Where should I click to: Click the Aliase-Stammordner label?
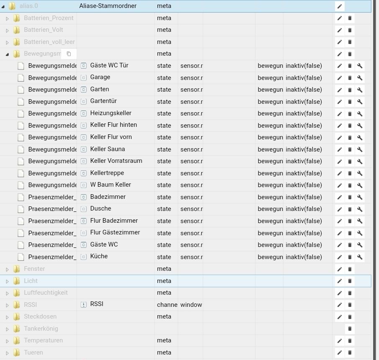(x=108, y=6)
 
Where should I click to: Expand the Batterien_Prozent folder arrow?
(x=7, y=18)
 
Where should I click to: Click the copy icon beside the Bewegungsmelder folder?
(x=69, y=54)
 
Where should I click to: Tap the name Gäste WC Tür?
(x=109, y=65)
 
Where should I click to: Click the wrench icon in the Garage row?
(x=360, y=78)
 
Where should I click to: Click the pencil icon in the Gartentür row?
(x=340, y=102)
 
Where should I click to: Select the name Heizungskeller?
(x=111, y=113)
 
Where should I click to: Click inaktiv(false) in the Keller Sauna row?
(x=304, y=149)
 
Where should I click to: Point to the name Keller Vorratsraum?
(x=116, y=161)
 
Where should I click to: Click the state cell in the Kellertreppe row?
(x=164, y=173)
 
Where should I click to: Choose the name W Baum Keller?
(x=111, y=185)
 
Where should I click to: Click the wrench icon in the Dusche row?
(x=360, y=209)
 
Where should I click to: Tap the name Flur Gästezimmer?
(x=115, y=232)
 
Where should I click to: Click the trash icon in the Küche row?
(x=350, y=257)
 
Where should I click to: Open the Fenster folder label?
(x=34, y=269)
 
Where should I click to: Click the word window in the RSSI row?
(x=191, y=305)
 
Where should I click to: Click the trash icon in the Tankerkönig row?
(x=350, y=329)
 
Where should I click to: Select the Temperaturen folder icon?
(x=17, y=340)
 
